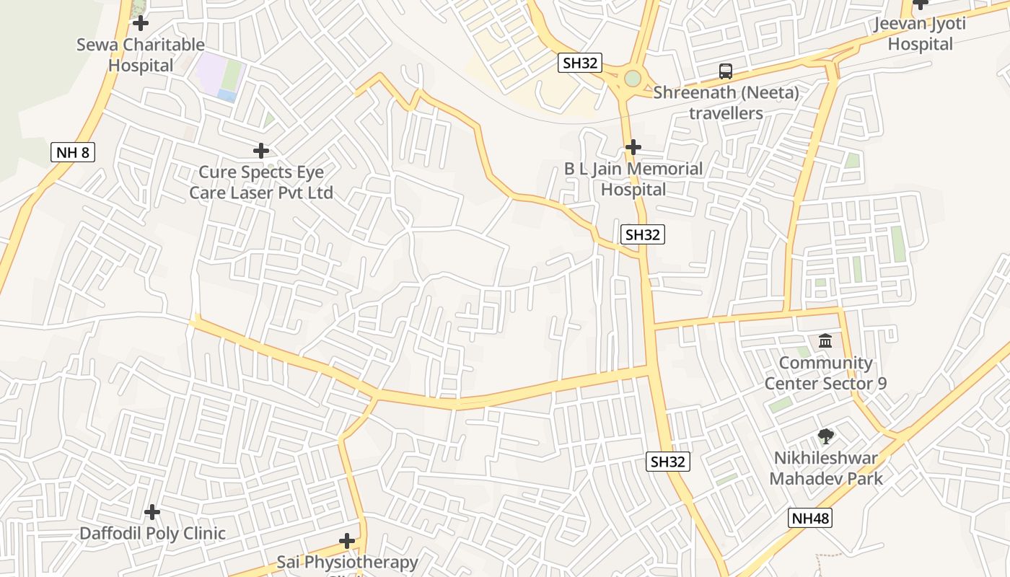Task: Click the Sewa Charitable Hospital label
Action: coord(141,55)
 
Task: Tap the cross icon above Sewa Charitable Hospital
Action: coord(141,23)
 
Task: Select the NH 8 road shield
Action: coord(73,152)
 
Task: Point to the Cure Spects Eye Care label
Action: coord(261,182)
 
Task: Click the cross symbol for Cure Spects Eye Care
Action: coord(261,151)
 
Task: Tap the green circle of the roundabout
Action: coord(633,78)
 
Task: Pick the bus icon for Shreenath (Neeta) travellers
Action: coord(726,71)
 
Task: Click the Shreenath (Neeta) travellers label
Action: coord(726,102)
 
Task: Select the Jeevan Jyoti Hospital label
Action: coord(920,33)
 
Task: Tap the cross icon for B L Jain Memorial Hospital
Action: coord(633,147)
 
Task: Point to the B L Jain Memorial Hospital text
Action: coord(633,179)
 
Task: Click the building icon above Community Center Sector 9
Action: coord(825,340)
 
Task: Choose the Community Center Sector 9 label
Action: coord(825,373)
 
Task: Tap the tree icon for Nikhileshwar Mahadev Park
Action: coord(825,436)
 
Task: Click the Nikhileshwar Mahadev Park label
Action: coord(825,468)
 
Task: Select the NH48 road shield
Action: coord(810,518)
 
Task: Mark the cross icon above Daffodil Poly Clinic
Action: coord(152,512)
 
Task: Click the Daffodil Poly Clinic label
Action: coord(152,534)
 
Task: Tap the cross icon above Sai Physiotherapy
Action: coord(347,541)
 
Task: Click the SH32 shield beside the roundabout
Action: coord(580,63)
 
